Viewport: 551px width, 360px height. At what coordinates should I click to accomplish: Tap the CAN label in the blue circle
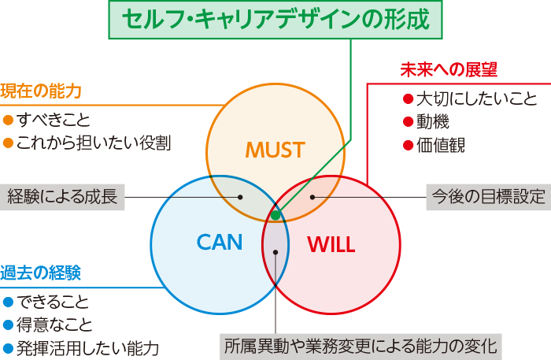pos(219,242)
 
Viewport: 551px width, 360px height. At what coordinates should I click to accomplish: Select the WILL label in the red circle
pos(331,243)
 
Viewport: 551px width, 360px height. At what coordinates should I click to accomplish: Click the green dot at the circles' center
pos(275,214)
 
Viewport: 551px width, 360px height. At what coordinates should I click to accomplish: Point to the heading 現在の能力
pos(41,91)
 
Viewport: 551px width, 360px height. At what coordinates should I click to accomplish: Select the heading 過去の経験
pos(41,273)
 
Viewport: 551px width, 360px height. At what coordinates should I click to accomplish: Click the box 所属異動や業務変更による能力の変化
pos(361,345)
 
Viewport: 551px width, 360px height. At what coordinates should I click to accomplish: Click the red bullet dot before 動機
pos(408,122)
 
